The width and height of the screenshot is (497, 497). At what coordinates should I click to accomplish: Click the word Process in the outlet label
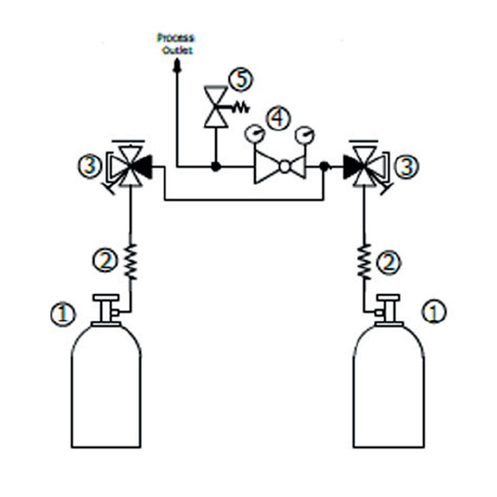[175, 38]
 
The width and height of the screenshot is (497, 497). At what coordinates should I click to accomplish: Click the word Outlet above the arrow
[177, 50]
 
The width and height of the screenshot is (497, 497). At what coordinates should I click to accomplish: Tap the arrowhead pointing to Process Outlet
[177, 66]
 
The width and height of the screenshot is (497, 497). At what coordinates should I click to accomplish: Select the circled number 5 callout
[241, 79]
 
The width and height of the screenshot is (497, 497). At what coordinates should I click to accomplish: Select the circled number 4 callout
[278, 118]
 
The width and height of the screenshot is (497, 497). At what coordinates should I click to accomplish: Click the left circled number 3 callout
[90, 166]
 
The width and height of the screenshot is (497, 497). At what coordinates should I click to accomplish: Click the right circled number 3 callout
[406, 167]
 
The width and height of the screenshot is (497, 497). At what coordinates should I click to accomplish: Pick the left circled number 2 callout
[104, 261]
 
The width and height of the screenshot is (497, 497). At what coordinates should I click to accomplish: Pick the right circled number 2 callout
[388, 263]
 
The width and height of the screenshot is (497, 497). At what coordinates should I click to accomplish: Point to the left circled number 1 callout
[63, 314]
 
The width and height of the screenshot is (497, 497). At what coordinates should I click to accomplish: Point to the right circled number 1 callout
[433, 312]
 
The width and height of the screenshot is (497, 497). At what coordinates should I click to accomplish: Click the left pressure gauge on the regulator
[255, 133]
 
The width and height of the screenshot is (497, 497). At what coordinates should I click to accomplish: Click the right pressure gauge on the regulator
[305, 135]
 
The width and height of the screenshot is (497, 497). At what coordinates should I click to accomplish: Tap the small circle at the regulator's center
[285, 167]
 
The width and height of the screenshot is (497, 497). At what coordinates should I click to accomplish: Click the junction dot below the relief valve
[216, 166]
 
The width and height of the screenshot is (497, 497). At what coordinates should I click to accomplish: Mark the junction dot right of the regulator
[325, 166]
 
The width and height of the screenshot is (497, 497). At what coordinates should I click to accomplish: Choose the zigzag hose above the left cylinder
[130, 262]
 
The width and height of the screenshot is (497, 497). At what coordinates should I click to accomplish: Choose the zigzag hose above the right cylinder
[364, 262]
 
